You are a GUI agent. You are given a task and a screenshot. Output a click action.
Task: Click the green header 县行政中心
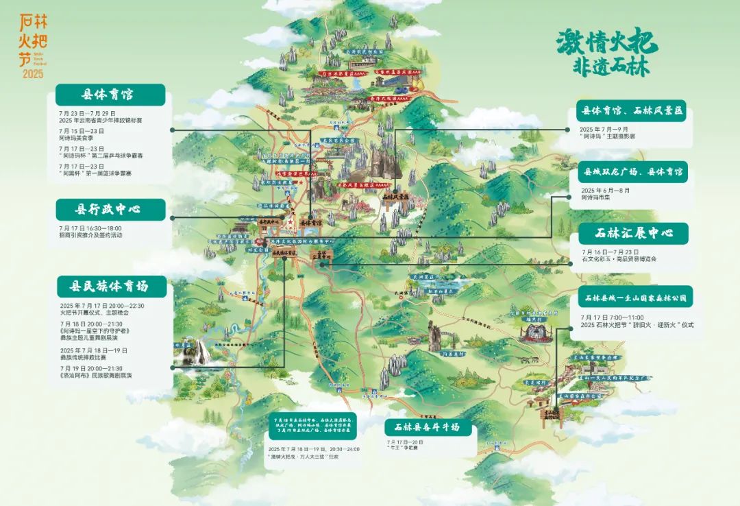tap(110, 210)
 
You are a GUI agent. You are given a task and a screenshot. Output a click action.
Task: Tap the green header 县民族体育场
tap(110, 286)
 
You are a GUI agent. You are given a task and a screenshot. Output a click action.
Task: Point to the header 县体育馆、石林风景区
tap(632, 110)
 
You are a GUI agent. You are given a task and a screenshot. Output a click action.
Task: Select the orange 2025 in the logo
tap(32, 73)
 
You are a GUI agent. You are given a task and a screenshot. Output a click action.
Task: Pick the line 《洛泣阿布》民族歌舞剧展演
tap(96, 376)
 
